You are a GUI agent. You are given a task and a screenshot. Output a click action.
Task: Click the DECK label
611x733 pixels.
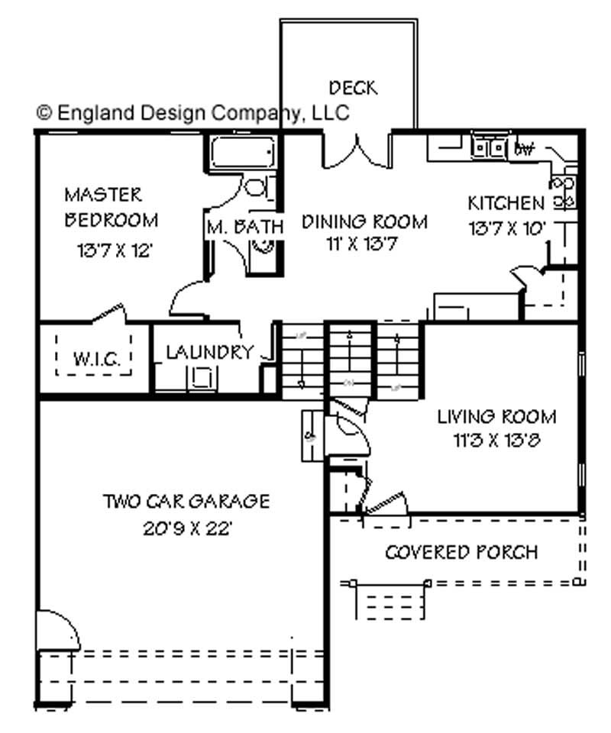(x=353, y=88)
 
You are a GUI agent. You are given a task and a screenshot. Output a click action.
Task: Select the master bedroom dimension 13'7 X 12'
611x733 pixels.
(x=116, y=250)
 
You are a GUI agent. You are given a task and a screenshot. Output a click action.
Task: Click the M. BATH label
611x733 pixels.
(x=245, y=227)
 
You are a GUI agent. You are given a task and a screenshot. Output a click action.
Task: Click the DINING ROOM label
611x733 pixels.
(x=364, y=222)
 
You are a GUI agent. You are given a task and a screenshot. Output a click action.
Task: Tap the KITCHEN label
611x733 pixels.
(x=506, y=203)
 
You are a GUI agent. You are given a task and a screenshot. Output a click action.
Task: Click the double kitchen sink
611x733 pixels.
(x=490, y=146)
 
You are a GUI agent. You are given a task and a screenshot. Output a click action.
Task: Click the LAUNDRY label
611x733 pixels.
(x=209, y=353)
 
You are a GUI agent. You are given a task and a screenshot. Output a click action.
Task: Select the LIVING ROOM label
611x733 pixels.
(x=496, y=417)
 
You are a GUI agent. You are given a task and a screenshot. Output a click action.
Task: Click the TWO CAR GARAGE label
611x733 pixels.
(x=186, y=502)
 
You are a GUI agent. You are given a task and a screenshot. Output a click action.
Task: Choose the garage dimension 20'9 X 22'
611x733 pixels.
(x=187, y=527)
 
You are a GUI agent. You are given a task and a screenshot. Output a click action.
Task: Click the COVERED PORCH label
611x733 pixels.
(x=461, y=551)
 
